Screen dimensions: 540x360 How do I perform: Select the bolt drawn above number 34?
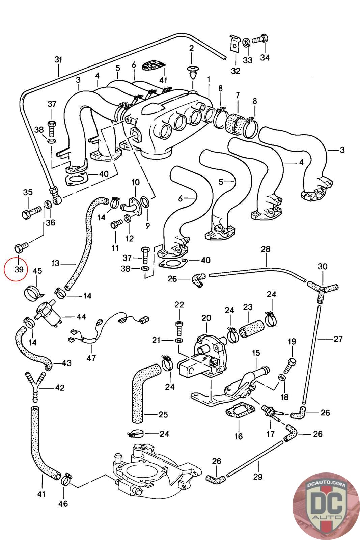[x=260, y=39]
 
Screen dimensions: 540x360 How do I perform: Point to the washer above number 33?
[x=247, y=42]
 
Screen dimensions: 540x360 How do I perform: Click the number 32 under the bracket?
[x=236, y=71]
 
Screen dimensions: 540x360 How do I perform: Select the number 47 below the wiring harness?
[x=91, y=358]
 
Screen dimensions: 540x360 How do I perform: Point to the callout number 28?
[x=266, y=249]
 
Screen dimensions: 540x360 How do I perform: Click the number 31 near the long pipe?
[x=58, y=60]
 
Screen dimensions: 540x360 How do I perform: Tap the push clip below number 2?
[x=193, y=72]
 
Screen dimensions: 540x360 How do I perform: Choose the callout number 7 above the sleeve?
[x=238, y=96]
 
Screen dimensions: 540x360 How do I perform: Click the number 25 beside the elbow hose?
[x=163, y=414]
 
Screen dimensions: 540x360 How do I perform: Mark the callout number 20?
[x=206, y=318]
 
